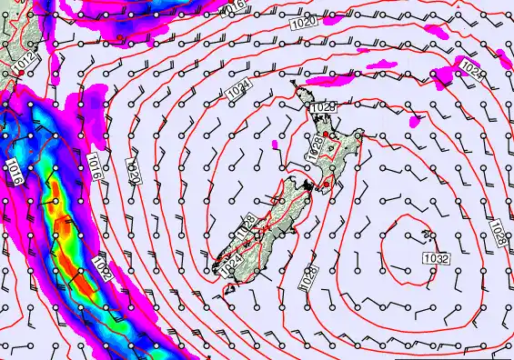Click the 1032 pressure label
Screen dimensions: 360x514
(x=436, y=259)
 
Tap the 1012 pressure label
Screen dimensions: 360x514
(x=29, y=62)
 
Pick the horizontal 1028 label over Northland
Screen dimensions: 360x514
(x=322, y=108)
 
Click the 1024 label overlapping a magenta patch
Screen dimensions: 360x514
(x=469, y=68)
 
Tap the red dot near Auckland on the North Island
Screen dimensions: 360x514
(x=326, y=135)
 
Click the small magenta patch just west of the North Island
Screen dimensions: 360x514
(x=276, y=144)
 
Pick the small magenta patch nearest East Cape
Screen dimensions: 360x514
(x=416, y=119)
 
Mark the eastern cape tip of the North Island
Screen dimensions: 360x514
(x=361, y=136)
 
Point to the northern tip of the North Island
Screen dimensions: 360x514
(x=296, y=84)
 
